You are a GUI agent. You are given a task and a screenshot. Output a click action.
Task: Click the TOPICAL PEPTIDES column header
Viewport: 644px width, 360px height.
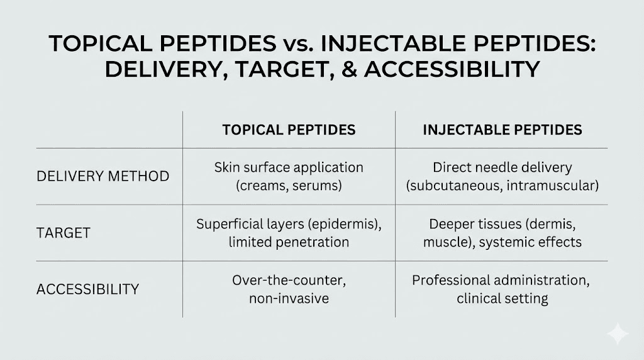289,130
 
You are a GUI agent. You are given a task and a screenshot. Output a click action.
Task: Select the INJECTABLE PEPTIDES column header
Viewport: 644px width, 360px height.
502,130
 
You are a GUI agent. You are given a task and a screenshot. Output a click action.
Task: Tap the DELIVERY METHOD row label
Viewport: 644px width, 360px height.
103,176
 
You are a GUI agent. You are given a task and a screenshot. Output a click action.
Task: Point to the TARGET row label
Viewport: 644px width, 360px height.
64,233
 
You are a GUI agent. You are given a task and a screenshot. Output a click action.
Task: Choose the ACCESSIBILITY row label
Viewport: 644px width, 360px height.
88,290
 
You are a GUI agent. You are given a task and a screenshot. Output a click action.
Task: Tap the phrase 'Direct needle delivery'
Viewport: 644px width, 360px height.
502,168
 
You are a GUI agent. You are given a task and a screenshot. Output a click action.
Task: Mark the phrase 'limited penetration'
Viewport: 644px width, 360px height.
289,242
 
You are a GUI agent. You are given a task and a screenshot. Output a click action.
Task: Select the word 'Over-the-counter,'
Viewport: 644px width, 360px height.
289,280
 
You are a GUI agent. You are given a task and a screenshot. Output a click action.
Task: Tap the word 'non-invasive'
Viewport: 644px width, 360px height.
289,298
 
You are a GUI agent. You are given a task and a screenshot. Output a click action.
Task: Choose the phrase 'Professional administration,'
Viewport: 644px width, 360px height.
502,280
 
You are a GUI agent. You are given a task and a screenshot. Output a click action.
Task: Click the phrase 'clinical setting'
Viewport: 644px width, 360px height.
502,298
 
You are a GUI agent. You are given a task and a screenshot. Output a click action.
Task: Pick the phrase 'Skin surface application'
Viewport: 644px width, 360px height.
289,168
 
